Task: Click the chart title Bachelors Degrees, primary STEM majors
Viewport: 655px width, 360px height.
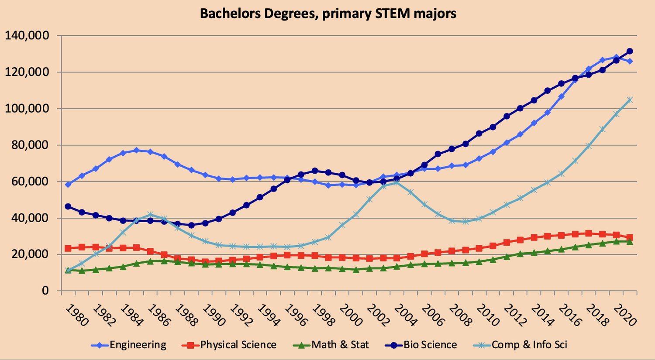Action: [328, 14]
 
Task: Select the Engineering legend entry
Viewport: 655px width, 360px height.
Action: [137, 345]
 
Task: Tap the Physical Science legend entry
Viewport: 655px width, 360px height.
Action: [238, 345]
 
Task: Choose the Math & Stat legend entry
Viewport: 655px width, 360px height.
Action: [340, 345]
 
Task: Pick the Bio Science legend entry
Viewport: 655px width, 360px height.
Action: [430, 345]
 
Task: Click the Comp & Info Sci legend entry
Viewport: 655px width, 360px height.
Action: [529, 345]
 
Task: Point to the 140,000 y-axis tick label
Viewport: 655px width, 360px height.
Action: [27, 35]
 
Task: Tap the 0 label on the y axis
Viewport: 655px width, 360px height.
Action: [45, 291]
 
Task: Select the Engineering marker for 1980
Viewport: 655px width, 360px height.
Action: [68, 185]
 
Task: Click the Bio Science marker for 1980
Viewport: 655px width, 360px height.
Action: [68, 206]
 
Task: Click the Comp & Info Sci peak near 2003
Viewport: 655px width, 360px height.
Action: [396, 182]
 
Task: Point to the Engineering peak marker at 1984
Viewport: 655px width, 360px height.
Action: [137, 150]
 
